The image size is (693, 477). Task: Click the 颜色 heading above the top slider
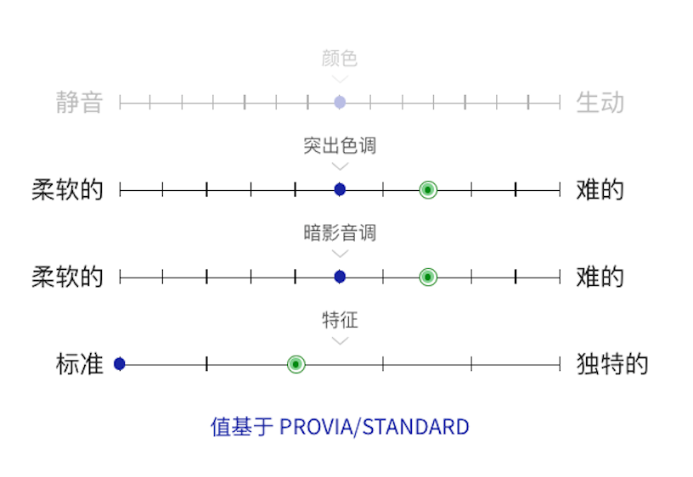[340, 59]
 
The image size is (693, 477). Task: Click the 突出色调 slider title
[340, 146]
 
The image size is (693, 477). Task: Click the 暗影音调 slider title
[340, 233]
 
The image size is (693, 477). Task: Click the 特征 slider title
[340, 320]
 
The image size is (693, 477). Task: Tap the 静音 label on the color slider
[80, 103]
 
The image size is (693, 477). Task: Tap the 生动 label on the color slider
[600, 103]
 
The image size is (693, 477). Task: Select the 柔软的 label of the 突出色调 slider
[68, 189]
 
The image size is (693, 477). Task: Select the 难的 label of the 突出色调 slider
[600, 189]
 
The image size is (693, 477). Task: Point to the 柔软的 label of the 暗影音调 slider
[68, 277]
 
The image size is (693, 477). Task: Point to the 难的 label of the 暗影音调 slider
[600, 277]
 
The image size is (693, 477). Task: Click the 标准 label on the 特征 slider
[80, 364]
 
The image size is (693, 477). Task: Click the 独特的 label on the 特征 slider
[611, 364]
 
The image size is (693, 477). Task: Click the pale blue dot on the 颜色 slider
[340, 103]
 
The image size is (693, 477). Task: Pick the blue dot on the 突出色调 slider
[340, 189]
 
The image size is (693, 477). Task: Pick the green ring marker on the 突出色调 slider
[428, 189]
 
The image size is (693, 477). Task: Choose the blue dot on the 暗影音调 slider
[340, 277]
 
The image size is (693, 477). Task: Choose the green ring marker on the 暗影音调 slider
[428, 277]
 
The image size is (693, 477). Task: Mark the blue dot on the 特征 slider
[120, 364]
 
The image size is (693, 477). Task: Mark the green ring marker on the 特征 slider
[296, 364]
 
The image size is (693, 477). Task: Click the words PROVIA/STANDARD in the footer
[374, 426]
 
